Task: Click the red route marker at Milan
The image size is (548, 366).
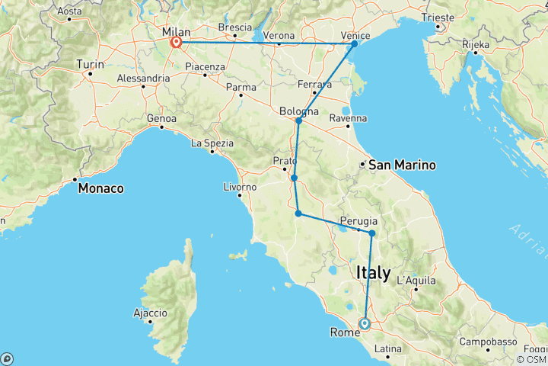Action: click(176, 43)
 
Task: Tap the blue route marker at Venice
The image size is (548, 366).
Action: click(354, 44)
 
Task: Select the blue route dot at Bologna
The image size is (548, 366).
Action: click(299, 120)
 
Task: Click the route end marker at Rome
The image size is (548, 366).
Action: click(365, 323)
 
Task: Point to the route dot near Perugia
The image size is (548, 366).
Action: click(371, 233)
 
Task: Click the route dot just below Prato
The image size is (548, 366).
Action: click(294, 178)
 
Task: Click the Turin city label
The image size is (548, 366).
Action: click(90, 65)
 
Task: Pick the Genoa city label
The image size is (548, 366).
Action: click(162, 119)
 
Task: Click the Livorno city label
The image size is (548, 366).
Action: click(240, 186)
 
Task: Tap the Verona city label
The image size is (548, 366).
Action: click(279, 35)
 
